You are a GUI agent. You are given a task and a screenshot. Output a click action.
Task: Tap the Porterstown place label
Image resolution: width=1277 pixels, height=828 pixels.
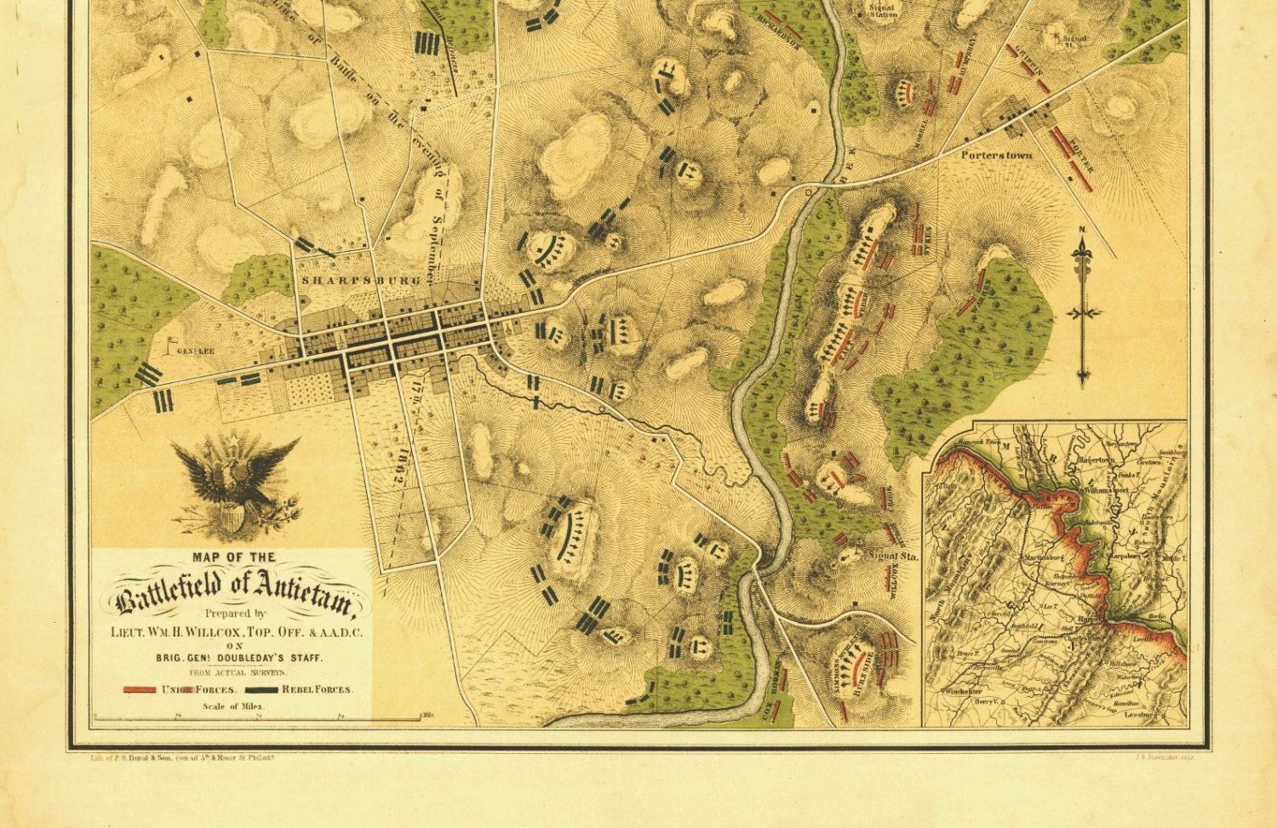click(997, 156)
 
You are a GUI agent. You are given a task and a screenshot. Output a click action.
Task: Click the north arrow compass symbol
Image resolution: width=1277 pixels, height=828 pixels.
click(1083, 311)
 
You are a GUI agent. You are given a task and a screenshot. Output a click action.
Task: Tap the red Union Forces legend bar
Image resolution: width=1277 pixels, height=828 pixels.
click(140, 689)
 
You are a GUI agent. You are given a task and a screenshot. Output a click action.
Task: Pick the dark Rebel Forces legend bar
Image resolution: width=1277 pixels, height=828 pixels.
click(261, 689)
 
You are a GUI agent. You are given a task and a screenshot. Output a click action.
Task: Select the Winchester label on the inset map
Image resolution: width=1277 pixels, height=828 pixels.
click(964, 692)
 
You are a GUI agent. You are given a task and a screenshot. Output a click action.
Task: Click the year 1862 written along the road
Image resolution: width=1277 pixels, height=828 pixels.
click(396, 464)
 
